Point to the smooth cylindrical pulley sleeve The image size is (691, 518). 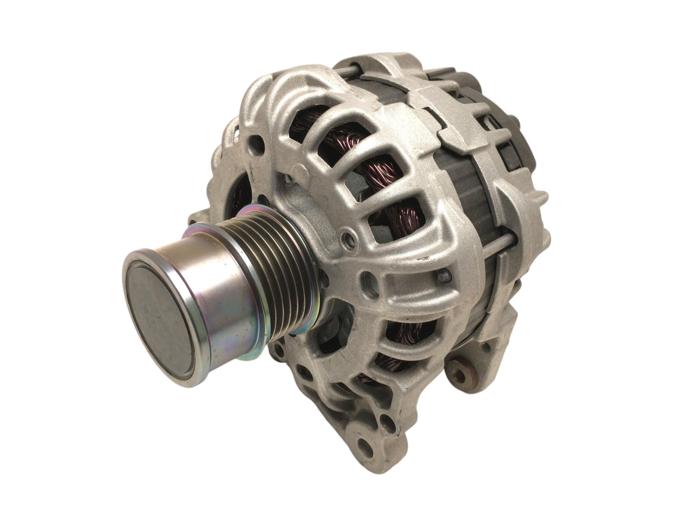coord(221,276)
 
